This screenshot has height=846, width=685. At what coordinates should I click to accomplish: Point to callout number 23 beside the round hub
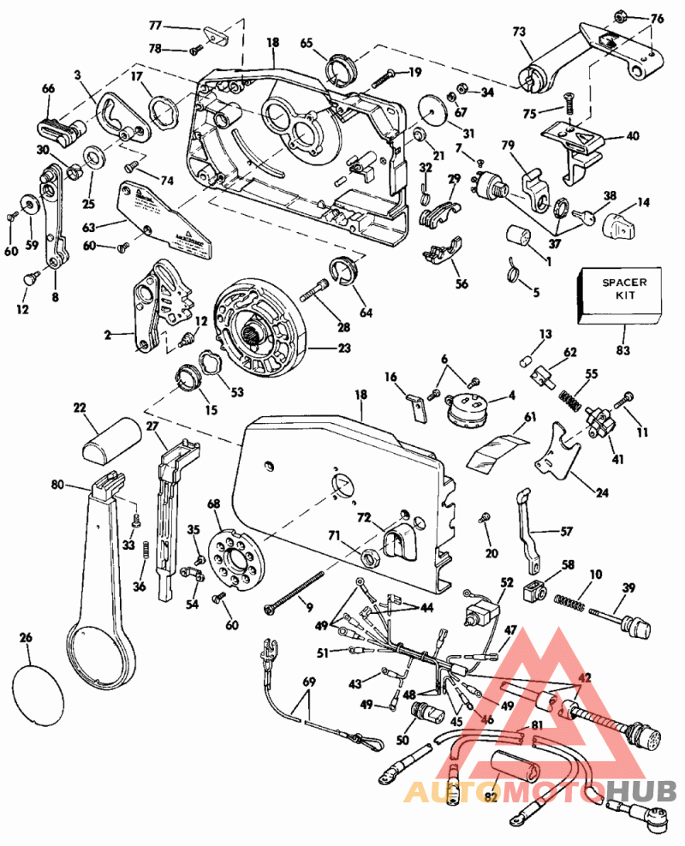(x=320, y=349)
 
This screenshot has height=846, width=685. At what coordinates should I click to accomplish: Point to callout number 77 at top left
(x=155, y=26)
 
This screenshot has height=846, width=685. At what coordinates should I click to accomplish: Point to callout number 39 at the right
(x=628, y=587)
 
